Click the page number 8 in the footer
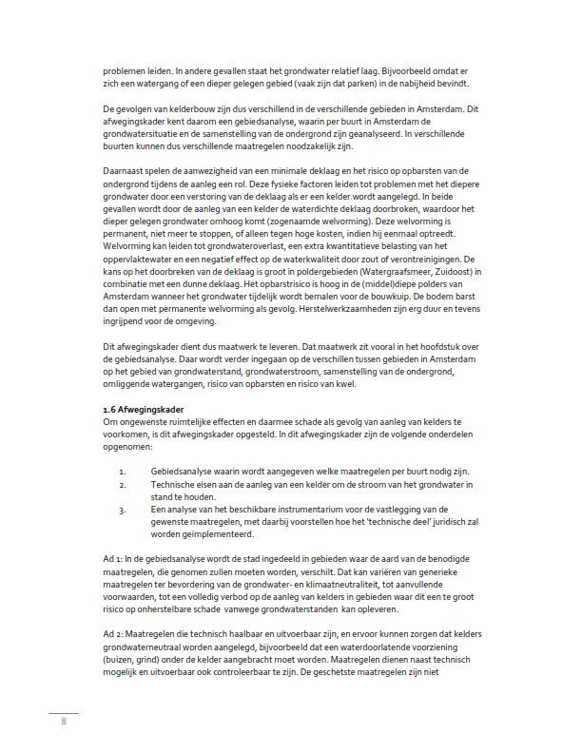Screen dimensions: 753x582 pos(64,723)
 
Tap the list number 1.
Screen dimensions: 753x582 pos(123,473)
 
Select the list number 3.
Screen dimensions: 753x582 pos(123,511)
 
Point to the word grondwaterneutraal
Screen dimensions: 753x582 pos(147,647)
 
